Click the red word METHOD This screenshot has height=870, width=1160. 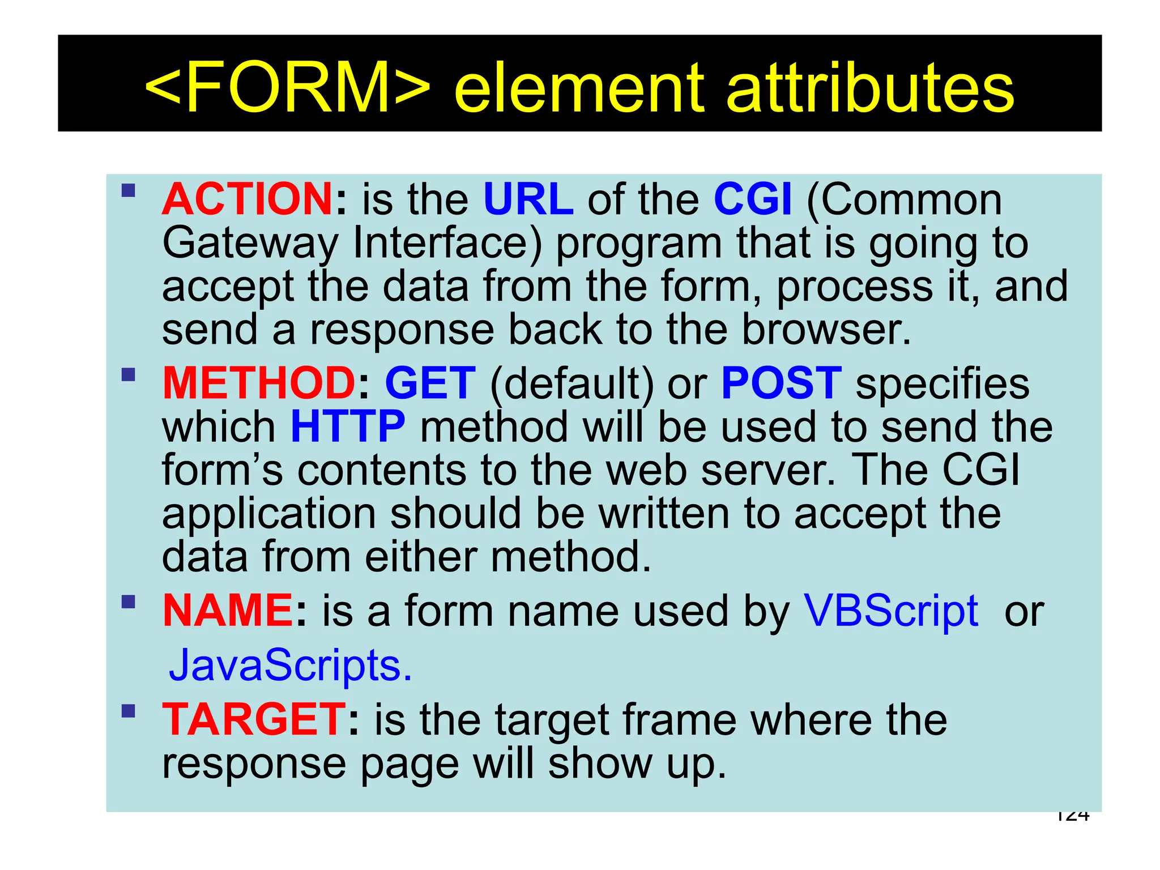click(259, 383)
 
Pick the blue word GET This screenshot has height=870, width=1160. click(430, 383)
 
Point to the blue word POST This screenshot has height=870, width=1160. click(782, 383)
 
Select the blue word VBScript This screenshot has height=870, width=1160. click(892, 611)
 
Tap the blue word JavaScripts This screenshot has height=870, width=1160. click(291, 665)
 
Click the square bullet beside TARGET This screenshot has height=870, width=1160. click(129, 711)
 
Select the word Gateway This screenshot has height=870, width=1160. click(250, 244)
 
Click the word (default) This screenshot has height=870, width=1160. click(572, 384)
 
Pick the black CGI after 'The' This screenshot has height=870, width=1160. click(980, 470)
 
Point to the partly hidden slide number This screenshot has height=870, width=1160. click(1072, 816)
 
